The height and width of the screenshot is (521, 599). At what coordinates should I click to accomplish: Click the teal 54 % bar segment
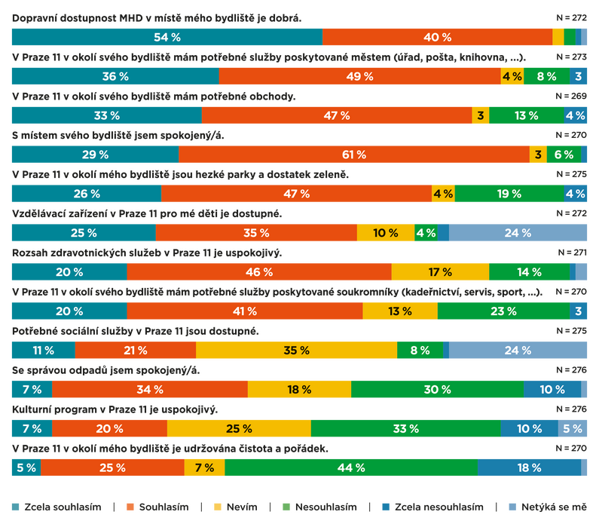tap(167, 37)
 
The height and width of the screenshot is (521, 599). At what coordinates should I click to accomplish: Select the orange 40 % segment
tap(437, 37)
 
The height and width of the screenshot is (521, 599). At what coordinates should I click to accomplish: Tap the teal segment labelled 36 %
tap(115, 76)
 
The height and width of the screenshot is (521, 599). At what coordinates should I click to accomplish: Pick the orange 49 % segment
tap(359, 76)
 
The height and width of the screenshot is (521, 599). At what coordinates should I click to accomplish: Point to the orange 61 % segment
tap(353, 155)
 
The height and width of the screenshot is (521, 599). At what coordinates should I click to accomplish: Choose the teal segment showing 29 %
tap(95, 155)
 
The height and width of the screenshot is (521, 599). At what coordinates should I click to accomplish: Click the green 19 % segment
tap(509, 194)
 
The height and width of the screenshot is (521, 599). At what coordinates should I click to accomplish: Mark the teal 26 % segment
tap(86, 194)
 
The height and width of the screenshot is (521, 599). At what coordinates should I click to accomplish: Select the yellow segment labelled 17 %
tap(440, 272)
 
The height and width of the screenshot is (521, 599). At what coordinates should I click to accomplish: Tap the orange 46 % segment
tap(258, 272)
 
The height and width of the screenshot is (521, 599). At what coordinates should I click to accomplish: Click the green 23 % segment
tap(503, 311)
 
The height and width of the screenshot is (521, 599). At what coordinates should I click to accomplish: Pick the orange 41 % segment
tap(244, 311)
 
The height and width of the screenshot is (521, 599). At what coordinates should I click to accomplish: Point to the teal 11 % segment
tap(43, 351)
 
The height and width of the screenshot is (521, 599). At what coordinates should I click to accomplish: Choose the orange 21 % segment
tap(135, 351)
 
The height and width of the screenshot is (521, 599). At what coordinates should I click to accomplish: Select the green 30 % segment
tap(437, 390)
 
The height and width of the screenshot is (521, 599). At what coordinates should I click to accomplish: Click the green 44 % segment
tap(350, 467)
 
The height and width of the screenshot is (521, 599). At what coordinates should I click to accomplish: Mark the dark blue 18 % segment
tap(529, 467)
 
